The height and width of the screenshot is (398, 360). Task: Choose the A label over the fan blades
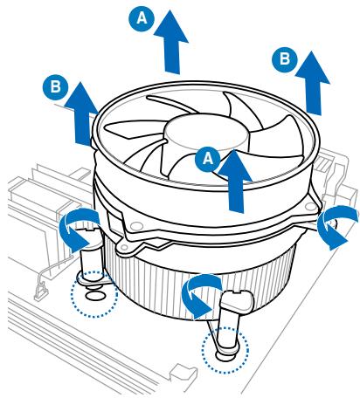[207, 158]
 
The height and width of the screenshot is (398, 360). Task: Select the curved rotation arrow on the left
[77, 226]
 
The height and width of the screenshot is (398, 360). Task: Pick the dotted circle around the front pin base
[224, 353]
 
